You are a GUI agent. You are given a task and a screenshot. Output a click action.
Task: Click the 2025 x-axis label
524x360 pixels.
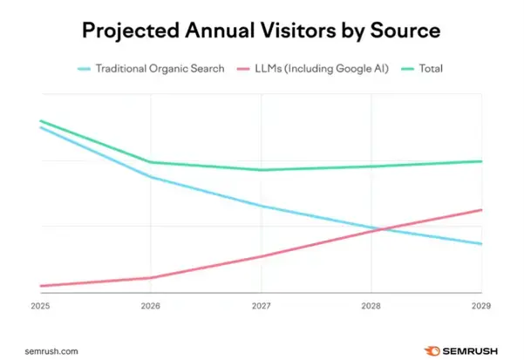(40, 306)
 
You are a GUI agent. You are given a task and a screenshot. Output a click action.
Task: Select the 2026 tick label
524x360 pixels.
(151, 306)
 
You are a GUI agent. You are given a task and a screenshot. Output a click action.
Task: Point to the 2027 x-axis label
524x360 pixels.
(261, 306)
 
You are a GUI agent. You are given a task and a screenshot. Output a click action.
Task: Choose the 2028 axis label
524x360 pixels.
(371, 306)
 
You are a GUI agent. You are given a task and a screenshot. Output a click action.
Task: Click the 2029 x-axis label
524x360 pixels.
(480, 306)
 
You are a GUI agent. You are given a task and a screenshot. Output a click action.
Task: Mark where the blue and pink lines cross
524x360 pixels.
(374, 229)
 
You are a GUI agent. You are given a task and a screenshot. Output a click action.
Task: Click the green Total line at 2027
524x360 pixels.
(261, 170)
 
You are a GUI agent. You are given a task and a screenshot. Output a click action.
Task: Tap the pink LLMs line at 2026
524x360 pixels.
(151, 278)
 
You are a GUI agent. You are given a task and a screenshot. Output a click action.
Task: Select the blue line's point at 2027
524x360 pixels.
(261, 207)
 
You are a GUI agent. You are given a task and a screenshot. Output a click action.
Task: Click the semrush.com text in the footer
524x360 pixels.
(52, 350)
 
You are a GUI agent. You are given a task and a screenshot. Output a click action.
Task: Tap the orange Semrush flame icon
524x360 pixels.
(430, 350)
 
